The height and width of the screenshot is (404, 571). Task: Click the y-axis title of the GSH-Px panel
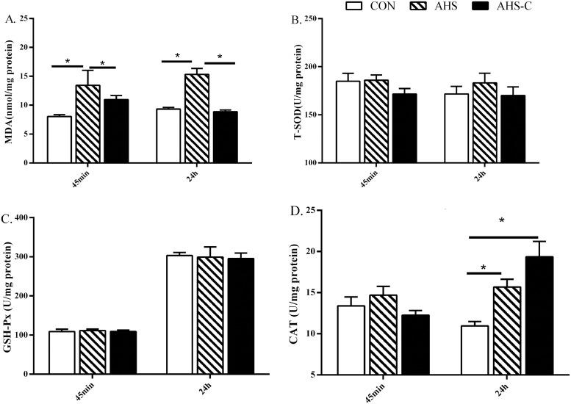pos(12,296)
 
